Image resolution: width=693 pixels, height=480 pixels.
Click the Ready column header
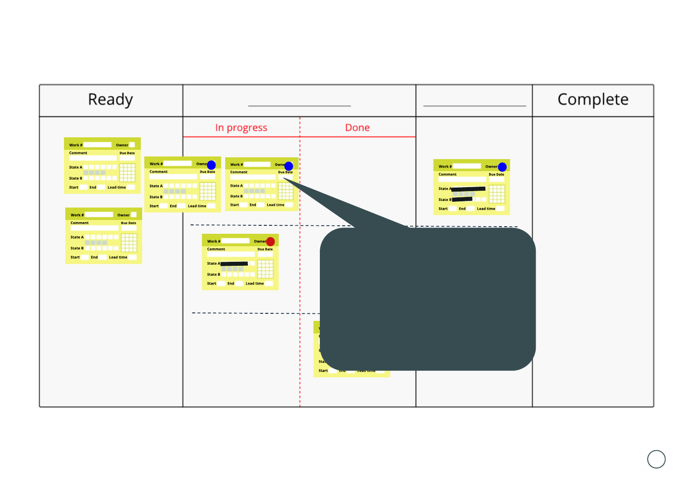tap(110, 100)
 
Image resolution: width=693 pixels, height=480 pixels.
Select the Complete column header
tap(593, 100)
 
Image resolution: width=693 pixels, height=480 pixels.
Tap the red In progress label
tap(241, 128)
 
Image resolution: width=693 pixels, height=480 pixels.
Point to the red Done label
tap(357, 128)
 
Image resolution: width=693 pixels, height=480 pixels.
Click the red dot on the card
tap(270, 241)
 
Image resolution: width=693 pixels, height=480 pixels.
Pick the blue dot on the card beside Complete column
tap(502, 167)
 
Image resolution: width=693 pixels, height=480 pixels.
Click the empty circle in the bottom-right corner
tap(656, 459)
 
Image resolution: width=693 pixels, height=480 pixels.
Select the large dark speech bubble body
tap(427, 299)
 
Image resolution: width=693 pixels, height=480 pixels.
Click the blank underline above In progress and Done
tap(299, 106)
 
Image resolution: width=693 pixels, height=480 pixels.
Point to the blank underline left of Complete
tap(474, 106)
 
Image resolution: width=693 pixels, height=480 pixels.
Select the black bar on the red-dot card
tap(234, 264)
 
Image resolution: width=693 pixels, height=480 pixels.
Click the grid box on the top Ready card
tap(127, 172)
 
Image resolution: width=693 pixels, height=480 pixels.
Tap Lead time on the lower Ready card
tap(118, 257)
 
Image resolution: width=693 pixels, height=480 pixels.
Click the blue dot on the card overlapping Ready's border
tap(211, 165)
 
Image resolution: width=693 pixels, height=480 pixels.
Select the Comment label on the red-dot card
tap(216, 249)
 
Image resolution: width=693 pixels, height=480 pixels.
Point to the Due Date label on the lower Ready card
tap(128, 223)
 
